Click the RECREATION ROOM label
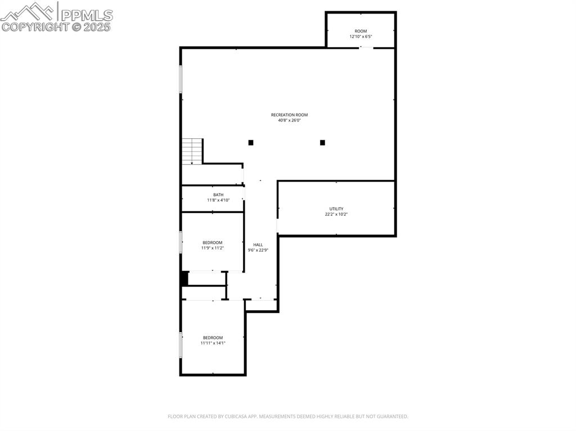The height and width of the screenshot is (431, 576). (x=289, y=115)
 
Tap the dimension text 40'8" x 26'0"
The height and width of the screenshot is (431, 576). (x=289, y=120)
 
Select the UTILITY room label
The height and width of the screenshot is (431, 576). (x=336, y=208)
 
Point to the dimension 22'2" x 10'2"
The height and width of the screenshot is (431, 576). (x=336, y=214)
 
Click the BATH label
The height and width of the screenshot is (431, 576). (x=218, y=194)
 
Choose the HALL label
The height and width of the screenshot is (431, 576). (x=258, y=244)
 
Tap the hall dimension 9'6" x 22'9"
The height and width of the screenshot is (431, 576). (x=258, y=250)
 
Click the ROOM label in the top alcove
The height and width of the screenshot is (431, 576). (x=361, y=31)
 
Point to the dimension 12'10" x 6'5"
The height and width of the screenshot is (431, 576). (x=361, y=37)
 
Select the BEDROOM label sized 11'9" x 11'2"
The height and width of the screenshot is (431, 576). (x=213, y=242)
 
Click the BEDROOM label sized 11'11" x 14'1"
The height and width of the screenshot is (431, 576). (x=213, y=337)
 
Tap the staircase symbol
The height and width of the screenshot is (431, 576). (x=192, y=151)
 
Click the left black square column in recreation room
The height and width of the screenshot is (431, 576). (x=251, y=143)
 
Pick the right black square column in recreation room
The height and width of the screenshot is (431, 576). (x=322, y=143)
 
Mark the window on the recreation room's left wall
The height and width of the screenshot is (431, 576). (x=181, y=79)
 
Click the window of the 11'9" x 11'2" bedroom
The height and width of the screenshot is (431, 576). (x=181, y=242)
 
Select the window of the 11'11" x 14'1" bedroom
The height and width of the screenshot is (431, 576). (x=181, y=344)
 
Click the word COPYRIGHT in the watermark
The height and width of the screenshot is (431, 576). (x=35, y=26)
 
